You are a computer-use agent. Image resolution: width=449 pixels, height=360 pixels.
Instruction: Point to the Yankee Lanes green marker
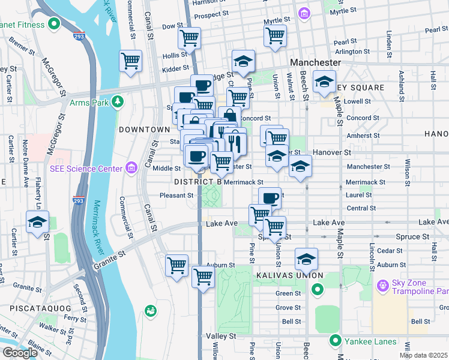[336, 341]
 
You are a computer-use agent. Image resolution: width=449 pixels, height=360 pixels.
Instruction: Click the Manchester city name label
[315, 62]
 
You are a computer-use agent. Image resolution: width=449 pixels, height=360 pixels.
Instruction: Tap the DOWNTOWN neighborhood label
[144, 130]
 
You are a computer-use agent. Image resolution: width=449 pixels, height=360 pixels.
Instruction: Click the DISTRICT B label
[198, 182]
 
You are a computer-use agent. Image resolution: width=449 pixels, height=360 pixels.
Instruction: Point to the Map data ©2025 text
[423, 355]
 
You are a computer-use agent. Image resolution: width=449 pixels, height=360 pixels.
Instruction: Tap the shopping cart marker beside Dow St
[190, 38]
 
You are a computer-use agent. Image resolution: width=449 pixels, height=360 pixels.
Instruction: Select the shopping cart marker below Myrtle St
[275, 35]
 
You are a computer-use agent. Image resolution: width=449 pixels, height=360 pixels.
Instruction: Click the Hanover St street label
[330, 153]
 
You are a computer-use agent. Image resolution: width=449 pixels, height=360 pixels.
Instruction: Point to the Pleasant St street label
[176, 195]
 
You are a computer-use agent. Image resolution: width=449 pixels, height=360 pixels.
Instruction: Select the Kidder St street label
[175, 69]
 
